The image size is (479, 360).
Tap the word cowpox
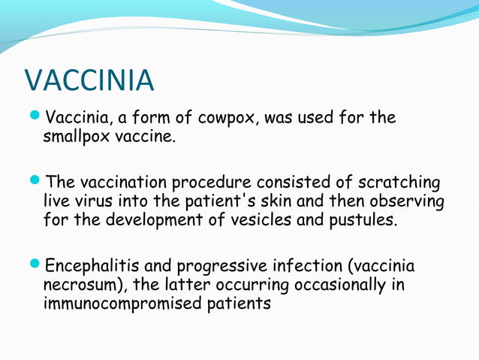(x=225, y=119)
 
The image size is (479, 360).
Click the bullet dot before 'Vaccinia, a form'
(x=36, y=118)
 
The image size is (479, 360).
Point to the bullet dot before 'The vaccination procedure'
(x=36, y=183)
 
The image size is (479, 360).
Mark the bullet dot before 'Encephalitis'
(x=36, y=267)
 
